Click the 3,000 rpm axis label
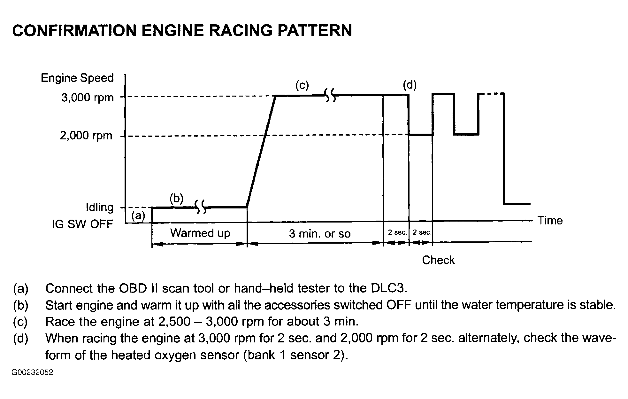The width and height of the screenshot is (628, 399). click(87, 98)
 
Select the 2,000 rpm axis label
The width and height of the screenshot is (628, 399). click(86, 136)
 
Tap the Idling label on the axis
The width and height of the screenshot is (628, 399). click(99, 207)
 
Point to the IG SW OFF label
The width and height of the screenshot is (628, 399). click(82, 224)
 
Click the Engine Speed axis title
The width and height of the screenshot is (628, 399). click(77, 78)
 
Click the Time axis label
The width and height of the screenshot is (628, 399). click(550, 220)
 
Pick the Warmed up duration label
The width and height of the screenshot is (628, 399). click(200, 233)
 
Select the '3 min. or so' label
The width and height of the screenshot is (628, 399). click(319, 234)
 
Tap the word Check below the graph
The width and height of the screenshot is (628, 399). click(438, 260)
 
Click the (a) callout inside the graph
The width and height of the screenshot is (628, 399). click(138, 216)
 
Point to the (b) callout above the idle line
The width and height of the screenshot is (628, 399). click(176, 199)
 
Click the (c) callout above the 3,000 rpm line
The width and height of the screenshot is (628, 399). click(302, 85)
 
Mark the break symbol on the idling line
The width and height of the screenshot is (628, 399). click(200, 207)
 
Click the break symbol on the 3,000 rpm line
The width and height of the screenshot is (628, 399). click(330, 95)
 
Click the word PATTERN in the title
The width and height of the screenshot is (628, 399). click(314, 31)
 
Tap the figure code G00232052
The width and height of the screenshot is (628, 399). click(32, 372)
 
